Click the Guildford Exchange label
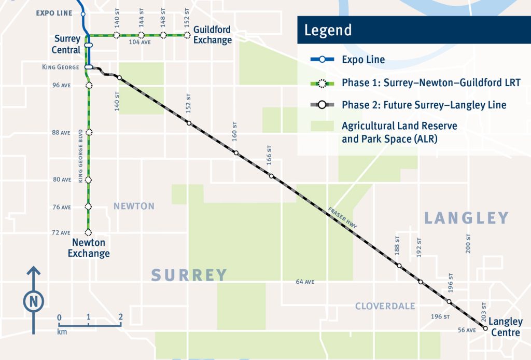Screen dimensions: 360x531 click(x=213, y=35)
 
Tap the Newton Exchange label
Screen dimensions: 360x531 click(x=91, y=248)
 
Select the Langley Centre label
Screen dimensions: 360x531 click(x=505, y=327)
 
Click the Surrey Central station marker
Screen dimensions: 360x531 click(x=89, y=45)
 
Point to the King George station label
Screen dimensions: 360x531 click(x=60, y=67)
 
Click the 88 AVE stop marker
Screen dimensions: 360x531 click(x=89, y=132)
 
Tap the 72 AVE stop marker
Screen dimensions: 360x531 click(x=89, y=232)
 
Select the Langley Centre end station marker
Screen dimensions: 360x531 click(x=485, y=328)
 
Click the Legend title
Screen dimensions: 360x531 click(x=328, y=30)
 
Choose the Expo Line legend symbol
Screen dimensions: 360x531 click(x=322, y=60)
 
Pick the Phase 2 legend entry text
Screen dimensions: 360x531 click(x=424, y=105)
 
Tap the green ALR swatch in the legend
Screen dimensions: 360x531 click(x=322, y=126)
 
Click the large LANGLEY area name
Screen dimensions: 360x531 click(x=466, y=218)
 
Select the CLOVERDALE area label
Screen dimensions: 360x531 click(x=385, y=306)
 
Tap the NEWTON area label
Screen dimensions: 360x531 click(x=134, y=206)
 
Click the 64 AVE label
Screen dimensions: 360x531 click(x=305, y=282)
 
